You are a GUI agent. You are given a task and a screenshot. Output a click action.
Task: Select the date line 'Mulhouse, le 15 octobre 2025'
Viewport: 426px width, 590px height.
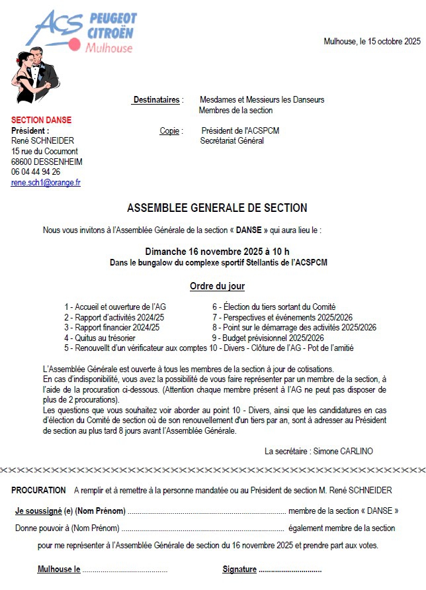pyautogui.click(x=372, y=41)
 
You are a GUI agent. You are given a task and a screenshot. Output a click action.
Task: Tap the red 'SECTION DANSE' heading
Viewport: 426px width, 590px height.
pyautogui.click(x=41, y=120)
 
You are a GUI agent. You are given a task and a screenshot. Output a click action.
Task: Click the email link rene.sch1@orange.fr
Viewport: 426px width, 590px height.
pyautogui.click(x=46, y=182)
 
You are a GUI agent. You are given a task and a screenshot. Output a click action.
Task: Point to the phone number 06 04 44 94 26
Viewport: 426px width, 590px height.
pyautogui.click(x=36, y=172)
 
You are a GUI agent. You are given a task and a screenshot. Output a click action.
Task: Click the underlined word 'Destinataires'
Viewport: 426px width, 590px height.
pyautogui.click(x=156, y=100)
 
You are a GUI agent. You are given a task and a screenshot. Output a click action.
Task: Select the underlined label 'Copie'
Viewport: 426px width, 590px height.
pyautogui.click(x=169, y=131)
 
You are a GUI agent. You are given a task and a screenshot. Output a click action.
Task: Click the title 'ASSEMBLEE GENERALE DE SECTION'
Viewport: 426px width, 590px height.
pyautogui.click(x=217, y=208)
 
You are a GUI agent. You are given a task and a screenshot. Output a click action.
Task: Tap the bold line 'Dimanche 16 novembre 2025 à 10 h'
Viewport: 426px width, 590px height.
pyautogui.click(x=217, y=252)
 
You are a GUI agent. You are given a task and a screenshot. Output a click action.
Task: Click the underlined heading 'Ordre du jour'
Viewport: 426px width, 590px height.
pyautogui.click(x=217, y=287)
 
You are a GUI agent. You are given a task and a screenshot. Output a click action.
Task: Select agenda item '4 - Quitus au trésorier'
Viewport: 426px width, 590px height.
pyautogui.click(x=100, y=338)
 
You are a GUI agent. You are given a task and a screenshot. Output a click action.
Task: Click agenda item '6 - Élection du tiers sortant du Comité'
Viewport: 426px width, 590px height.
pyautogui.click(x=274, y=307)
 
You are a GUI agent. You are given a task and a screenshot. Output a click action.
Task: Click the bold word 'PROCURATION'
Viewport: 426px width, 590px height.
pyautogui.click(x=38, y=491)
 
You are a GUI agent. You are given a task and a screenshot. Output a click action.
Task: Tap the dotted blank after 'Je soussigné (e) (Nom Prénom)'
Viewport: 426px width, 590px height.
pyautogui.click(x=206, y=511)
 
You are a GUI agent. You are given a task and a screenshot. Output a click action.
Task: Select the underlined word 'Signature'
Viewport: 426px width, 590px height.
pyautogui.click(x=239, y=569)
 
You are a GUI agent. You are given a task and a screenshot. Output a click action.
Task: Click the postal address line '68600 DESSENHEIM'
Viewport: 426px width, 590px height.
pyautogui.click(x=47, y=162)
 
